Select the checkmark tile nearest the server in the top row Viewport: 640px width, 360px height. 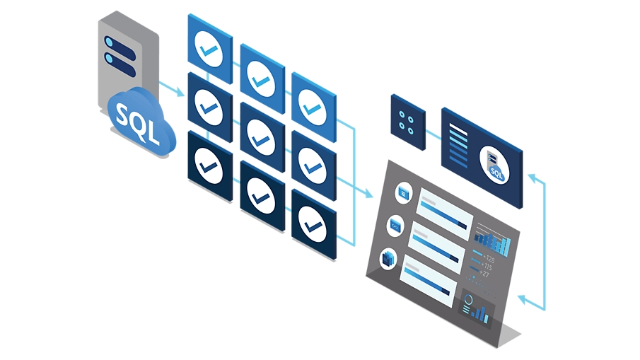coord(209,47)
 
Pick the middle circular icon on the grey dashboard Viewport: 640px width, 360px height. coord(395,226)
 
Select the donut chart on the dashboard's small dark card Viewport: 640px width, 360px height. coord(468,301)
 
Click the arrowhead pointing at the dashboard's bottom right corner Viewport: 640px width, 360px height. coord(521,301)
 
